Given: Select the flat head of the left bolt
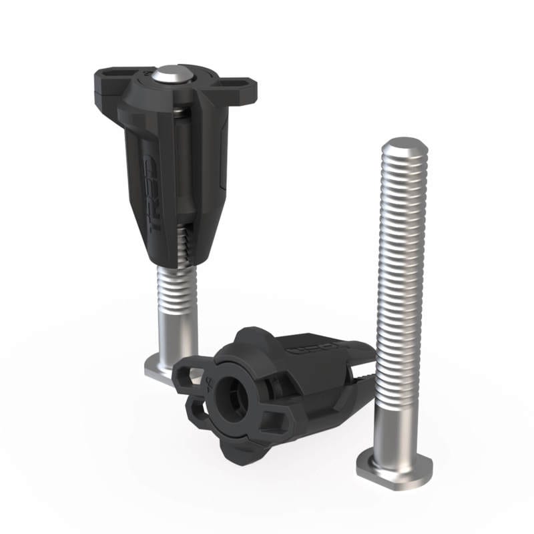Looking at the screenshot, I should (x=160, y=368).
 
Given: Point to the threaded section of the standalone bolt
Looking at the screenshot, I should (x=400, y=267).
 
